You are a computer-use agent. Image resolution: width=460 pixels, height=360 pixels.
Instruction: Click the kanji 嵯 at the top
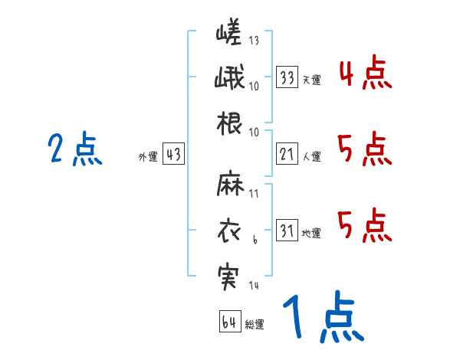(229, 34)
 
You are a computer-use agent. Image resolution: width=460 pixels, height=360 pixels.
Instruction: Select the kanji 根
(230, 123)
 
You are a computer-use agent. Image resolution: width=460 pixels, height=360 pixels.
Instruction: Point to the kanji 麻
(230, 186)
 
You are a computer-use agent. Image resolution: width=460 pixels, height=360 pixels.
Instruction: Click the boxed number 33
(287, 77)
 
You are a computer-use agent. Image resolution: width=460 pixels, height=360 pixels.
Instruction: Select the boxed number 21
(287, 155)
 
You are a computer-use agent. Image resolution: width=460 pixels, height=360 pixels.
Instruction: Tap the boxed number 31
(287, 231)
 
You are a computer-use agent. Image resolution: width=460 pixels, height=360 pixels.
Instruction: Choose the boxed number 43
(173, 155)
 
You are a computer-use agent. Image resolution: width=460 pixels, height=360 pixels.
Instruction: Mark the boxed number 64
(229, 322)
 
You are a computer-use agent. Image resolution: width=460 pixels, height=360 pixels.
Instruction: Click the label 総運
(255, 325)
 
